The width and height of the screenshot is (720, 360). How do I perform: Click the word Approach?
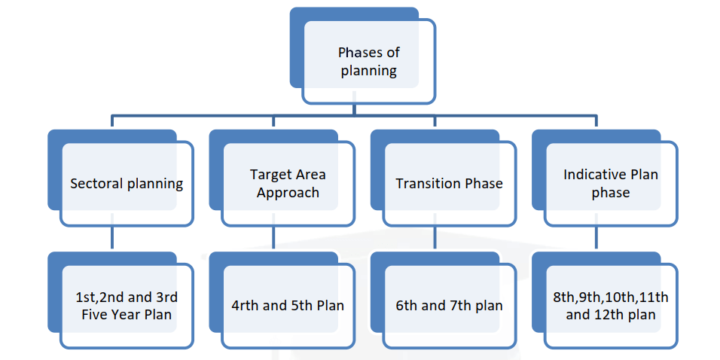[288, 193]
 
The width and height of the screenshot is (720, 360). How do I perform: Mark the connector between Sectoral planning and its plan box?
[112, 237]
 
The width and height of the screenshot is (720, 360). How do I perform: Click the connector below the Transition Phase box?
[435, 237]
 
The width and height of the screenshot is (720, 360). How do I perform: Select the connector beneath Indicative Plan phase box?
[596, 237]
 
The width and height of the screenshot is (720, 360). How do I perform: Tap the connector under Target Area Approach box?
[273, 237]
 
